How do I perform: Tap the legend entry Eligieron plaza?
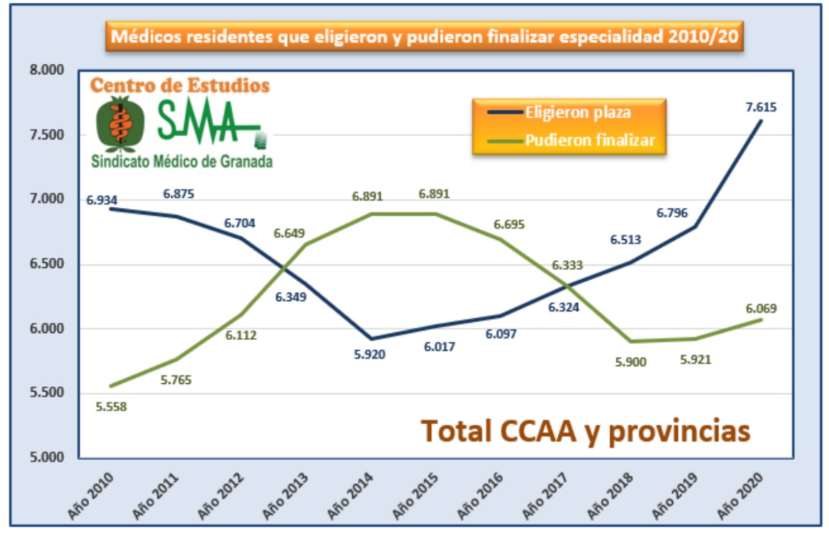(x=578, y=112)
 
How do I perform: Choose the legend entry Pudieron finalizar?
(x=589, y=140)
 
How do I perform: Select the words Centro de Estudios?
(x=179, y=86)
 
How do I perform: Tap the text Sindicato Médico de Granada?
(x=181, y=162)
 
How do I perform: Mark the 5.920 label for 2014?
(x=371, y=354)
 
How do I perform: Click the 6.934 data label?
(x=101, y=200)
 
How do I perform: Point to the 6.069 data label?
(x=760, y=308)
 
